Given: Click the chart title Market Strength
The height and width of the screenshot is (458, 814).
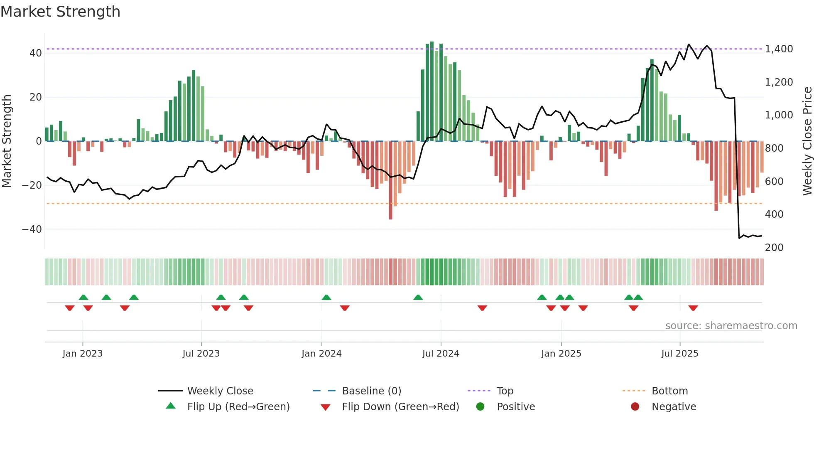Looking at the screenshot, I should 60,12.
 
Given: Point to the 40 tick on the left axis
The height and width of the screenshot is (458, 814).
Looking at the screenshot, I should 36,53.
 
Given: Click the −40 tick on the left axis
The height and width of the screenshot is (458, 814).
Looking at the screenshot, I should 32,229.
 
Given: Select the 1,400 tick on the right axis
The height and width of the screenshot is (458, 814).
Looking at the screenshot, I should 779,49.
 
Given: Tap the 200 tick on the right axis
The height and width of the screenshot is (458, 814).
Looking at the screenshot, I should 774,248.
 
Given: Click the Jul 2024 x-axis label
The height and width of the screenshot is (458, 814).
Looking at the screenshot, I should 441,354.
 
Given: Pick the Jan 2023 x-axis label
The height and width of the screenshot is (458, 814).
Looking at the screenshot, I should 82,354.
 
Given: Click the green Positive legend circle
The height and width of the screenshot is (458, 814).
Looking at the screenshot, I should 481,407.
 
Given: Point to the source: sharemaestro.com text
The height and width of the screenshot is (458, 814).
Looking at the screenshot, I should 731,326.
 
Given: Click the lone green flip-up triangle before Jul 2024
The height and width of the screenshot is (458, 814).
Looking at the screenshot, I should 418,298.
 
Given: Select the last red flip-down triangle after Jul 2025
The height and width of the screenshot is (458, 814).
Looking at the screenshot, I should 693,308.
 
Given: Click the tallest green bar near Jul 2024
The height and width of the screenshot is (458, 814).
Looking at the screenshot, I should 432,91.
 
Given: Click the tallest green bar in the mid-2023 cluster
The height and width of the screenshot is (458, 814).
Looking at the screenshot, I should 194,106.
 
